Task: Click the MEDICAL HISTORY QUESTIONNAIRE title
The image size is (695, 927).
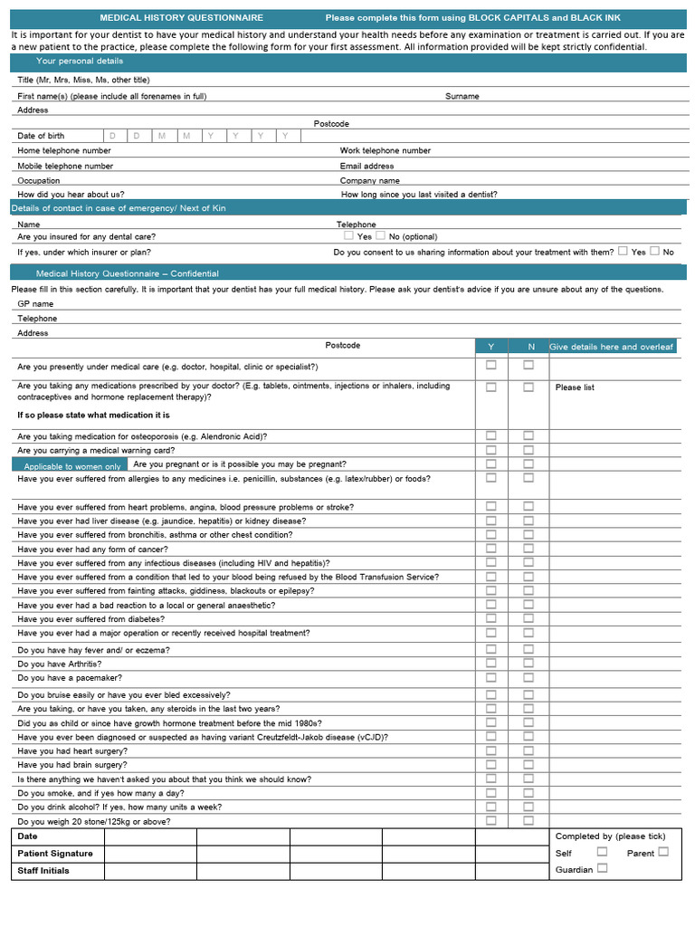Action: point(181,18)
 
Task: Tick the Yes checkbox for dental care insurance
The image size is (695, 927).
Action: point(348,235)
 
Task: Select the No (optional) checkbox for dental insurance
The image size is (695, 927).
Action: point(381,235)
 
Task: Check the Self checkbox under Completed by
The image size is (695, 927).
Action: point(602,852)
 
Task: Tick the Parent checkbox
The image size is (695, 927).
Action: point(663,852)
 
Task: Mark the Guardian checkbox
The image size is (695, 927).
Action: point(602,868)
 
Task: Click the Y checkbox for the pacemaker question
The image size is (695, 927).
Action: point(491,677)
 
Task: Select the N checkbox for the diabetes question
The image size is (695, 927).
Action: point(528,618)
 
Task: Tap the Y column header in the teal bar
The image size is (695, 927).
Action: point(491,347)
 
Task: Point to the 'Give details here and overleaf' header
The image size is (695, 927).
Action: point(612,347)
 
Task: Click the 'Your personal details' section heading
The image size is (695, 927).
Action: point(80,61)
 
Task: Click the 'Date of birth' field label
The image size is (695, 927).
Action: point(41,136)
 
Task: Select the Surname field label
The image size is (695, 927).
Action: point(462,96)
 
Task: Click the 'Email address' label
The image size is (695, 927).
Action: point(367,166)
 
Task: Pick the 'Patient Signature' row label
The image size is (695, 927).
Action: point(55,853)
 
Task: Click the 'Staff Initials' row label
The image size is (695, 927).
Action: point(43,870)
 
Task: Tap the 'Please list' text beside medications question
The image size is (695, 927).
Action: point(575,387)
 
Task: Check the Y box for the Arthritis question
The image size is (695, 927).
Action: point(491,663)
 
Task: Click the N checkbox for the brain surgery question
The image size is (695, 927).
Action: point(528,764)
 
